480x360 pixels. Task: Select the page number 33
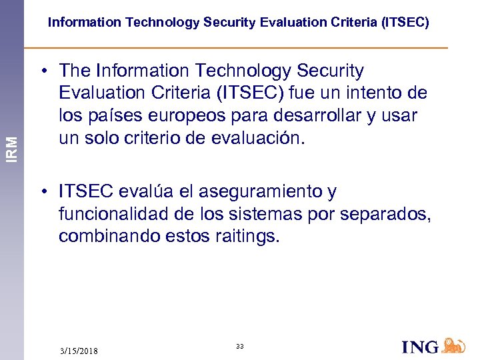coord(240,346)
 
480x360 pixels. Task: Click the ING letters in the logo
coord(421,347)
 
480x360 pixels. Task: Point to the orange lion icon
coord(454,345)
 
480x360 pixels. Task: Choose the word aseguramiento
coord(249,192)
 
